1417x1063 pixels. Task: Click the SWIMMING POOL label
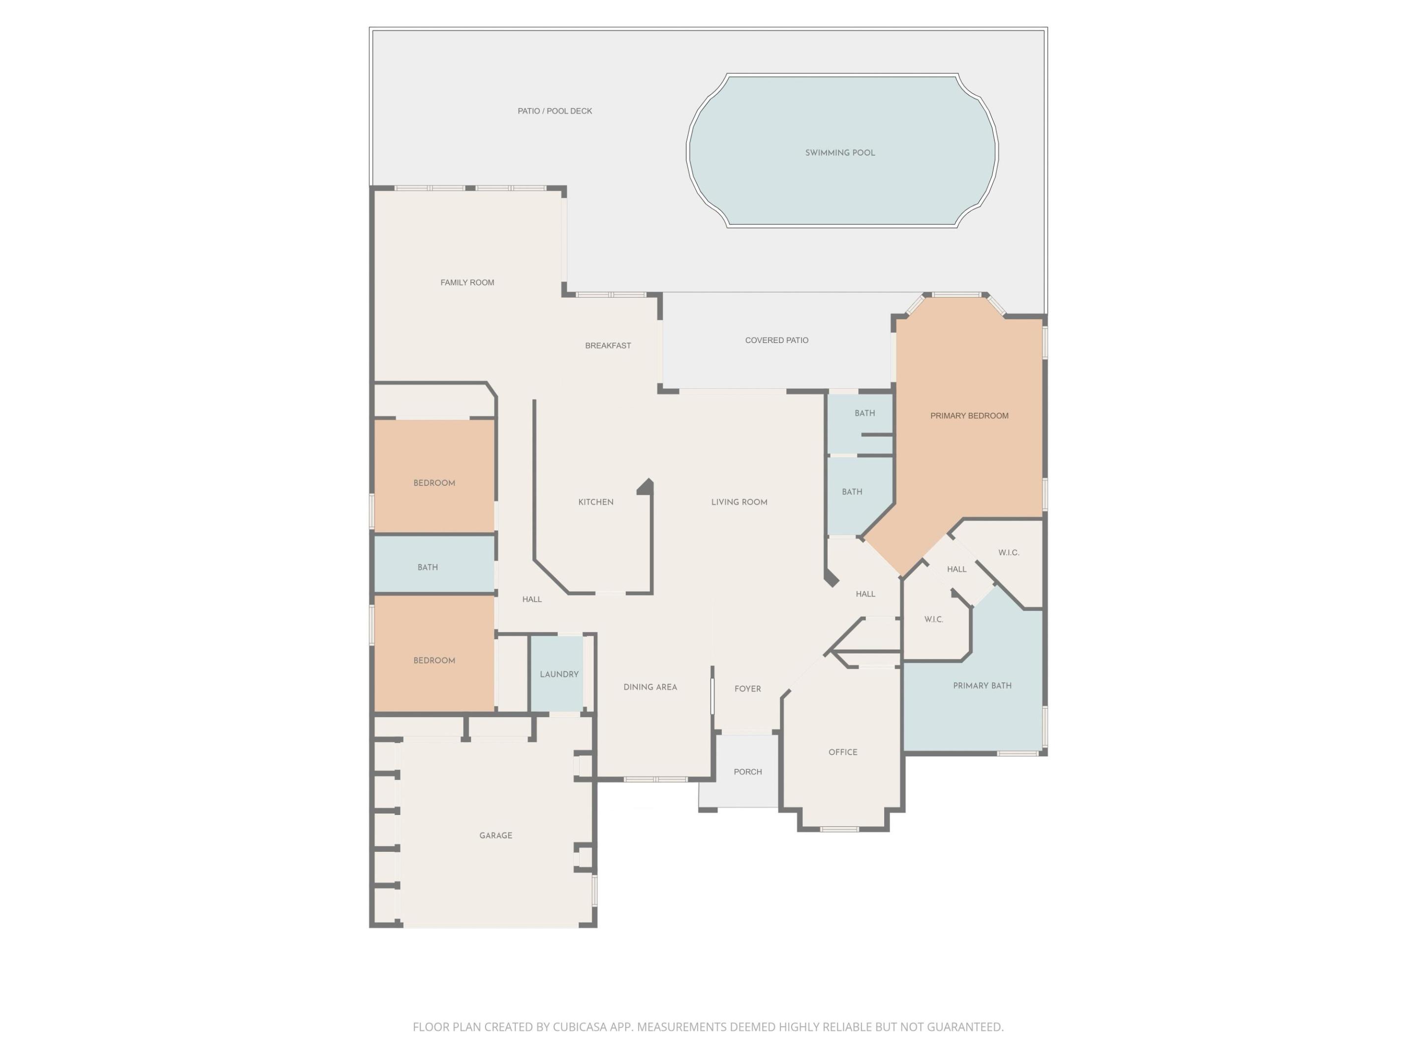point(840,153)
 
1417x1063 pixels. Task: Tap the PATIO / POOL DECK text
point(555,111)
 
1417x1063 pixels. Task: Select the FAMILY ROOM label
point(467,282)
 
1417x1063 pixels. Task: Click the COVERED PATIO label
point(776,340)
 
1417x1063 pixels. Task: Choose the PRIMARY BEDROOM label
point(969,416)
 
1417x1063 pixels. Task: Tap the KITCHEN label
point(596,501)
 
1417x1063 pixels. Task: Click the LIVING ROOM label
point(739,501)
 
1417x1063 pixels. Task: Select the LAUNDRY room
point(558,674)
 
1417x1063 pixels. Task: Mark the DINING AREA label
point(650,687)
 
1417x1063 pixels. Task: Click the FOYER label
point(747,689)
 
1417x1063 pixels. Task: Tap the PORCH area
point(747,772)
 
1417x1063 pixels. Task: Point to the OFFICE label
point(842,752)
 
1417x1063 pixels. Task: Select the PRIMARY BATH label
point(982,686)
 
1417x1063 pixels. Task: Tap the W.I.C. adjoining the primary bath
point(933,620)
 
